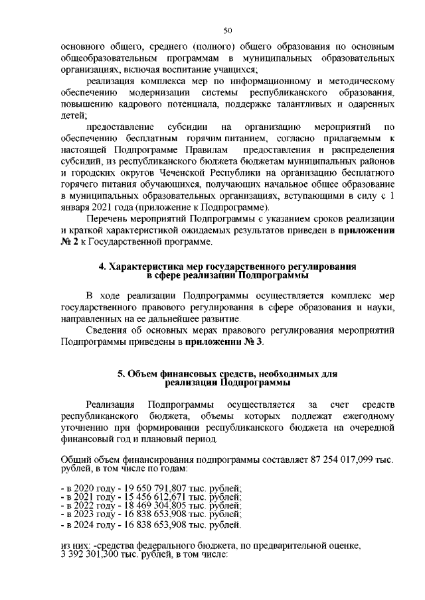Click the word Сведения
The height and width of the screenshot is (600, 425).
(109, 330)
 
